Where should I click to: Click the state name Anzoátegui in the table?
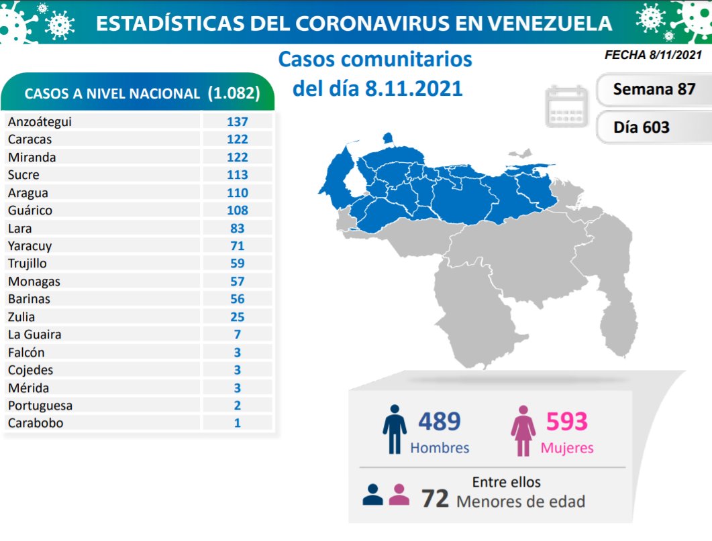click(40, 121)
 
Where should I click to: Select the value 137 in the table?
click(237, 121)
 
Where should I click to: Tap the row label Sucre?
click(23, 175)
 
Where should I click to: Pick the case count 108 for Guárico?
click(237, 211)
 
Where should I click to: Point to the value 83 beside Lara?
click(237, 228)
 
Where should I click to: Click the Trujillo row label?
click(28, 263)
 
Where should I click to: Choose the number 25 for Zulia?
click(237, 317)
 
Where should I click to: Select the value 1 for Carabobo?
click(237, 423)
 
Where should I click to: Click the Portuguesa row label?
click(40, 406)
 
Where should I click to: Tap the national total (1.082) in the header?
click(234, 94)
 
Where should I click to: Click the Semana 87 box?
click(654, 89)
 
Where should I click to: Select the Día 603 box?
click(641, 127)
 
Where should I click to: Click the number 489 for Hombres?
click(440, 422)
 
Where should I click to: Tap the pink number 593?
click(566, 422)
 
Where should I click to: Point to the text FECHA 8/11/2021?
click(653, 56)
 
